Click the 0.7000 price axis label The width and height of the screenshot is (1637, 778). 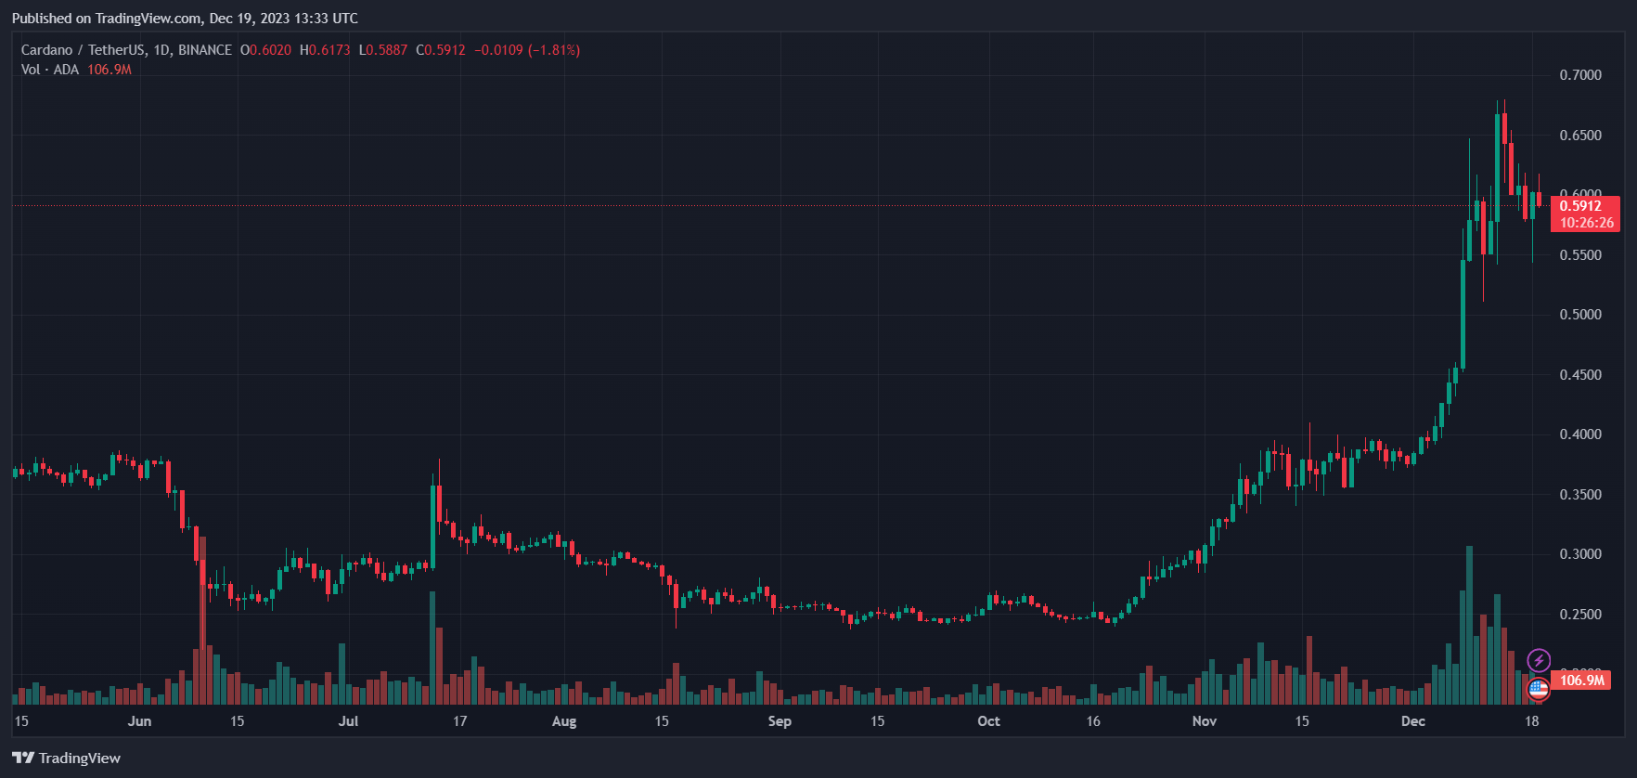[x=1579, y=75]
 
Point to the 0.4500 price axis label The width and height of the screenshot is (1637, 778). [x=1579, y=375]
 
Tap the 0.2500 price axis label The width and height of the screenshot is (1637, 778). [x=1579, y=615]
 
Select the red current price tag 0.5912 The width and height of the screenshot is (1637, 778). [x=1584, y=206]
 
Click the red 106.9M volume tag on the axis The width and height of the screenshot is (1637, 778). [x=1581, y=681]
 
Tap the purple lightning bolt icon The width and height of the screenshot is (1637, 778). [x=1539, y=661]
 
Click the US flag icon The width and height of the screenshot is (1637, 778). [x=1538, y=689]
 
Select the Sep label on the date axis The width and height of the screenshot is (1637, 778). [x=780, y=721]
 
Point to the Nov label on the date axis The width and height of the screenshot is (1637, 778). [x=1204, y=721]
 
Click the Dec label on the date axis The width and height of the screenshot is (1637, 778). [x=1412, y=721]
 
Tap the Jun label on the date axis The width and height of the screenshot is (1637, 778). [x=139, y=721]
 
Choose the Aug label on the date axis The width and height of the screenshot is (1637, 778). [x=563, y=721]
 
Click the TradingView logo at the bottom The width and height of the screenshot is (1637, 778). [x=67, y=759]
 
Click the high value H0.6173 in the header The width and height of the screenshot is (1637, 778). [x=325, y=50]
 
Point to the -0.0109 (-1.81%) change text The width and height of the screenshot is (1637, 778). [x=527, y=50]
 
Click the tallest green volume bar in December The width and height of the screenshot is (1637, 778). [x=1469, y=627]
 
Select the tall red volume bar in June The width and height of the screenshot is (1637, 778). [x=202, y=622]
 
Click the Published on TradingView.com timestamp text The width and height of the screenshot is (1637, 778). [x=185, y=19]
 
